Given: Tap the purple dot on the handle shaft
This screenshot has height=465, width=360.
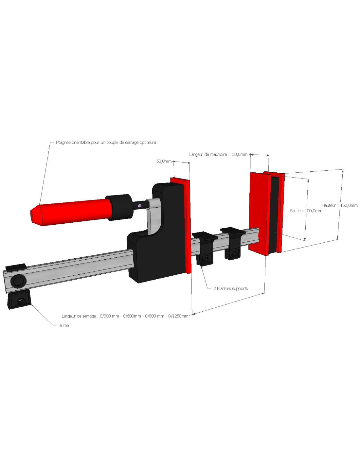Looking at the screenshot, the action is pyautogui.click(x=140, y=206).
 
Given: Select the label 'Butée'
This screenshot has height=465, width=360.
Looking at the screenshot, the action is pyautogui.click(x=63, y=325).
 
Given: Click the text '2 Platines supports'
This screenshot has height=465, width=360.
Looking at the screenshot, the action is pyautogui.click(x=231, y=288).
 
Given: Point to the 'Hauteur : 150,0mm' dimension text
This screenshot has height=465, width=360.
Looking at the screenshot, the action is pyautogui.click(x=339, y=205).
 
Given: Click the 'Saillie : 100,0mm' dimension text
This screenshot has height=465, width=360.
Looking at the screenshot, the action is pyautogui.click(x=306, y=211).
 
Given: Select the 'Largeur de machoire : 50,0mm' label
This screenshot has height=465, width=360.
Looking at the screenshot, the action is pyautogui.click(x=218, y=154).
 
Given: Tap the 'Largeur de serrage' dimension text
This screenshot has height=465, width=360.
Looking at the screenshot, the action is pyautogui.click(x=125, y=316).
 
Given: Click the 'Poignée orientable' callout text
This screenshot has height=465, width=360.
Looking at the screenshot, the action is pyautogui.click(x=106, y=142).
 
